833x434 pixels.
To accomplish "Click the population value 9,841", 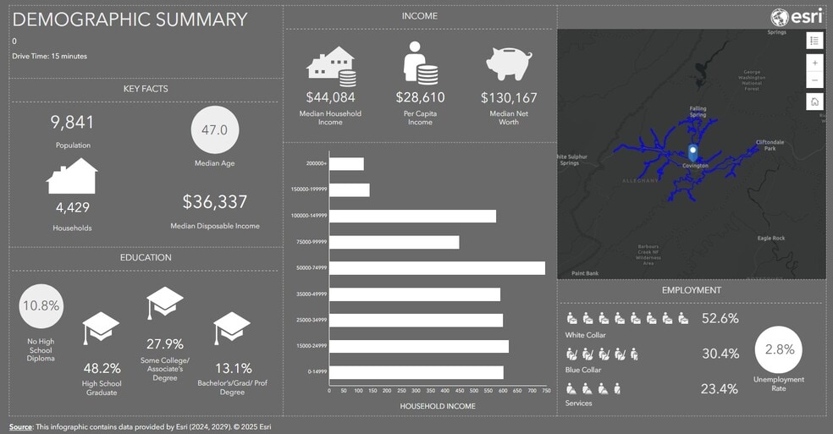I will pos(73,123).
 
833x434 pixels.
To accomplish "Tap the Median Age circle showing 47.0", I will pos(215,129).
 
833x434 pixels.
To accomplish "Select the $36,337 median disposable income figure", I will pos(215,202).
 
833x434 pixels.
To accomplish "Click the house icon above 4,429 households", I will pos(72,177).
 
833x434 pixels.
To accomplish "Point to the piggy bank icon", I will pos(509,63).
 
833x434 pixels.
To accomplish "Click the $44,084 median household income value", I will pos(330,97).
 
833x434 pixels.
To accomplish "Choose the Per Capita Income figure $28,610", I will pos(420,97).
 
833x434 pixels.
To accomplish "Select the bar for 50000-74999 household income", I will pos(437,268).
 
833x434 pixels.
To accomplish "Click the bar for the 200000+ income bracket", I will pos(346,164).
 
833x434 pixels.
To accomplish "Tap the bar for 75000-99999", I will pos(394,242).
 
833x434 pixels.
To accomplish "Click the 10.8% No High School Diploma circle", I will pos(41,305).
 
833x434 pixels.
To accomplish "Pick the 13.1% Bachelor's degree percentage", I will pos(233,368).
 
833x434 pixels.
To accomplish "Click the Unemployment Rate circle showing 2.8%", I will pos(779,349).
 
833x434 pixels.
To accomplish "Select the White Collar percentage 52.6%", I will pos(720,318).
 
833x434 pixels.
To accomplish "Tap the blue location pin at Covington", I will pos(693,152).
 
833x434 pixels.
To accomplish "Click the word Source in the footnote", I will pos(21,426).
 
